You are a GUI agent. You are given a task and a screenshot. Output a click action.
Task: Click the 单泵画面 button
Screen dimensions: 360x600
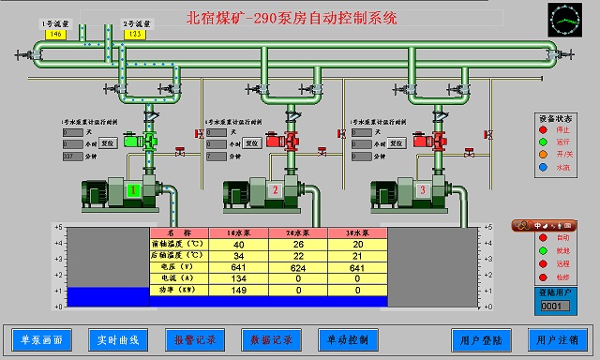point(41,338)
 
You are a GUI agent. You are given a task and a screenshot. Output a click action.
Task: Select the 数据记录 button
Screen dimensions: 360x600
point(271,338)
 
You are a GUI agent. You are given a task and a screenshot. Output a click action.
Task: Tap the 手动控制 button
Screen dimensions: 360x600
point(348,338)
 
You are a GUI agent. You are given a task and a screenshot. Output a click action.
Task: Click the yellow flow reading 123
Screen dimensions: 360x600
point(134,34)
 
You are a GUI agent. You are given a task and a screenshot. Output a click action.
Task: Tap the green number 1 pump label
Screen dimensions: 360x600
point(133,191)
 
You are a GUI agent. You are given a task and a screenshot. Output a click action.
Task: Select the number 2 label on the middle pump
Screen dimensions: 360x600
point(275,191)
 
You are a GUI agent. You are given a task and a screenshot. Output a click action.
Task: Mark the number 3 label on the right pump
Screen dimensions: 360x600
point(422,191)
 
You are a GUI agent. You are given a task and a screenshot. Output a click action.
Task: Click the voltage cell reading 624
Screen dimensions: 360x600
point(298,266)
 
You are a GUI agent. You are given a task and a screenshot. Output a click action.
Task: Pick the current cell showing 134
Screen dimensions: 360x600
point(239,278)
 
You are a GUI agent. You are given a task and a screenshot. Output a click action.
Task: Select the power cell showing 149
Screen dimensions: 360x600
point(239,291)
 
